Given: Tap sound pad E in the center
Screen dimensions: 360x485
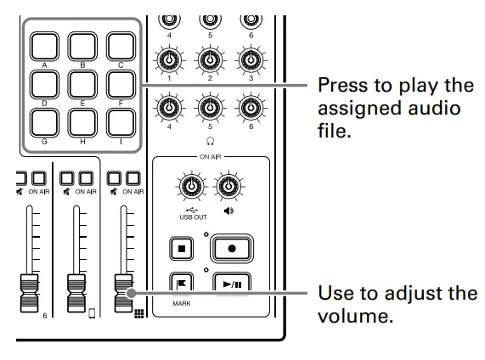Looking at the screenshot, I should pos(82,84).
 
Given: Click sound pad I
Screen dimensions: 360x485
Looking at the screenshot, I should pos(121,123).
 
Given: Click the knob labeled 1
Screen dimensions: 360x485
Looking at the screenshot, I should pos(171,60).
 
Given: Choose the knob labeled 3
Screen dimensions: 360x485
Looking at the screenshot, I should pos(249,60).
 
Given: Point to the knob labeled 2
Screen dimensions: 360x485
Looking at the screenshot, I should pos(210,60).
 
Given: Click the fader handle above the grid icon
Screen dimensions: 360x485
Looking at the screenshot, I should pos(124,291).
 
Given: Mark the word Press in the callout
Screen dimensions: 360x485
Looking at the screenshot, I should pos(342,85).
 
